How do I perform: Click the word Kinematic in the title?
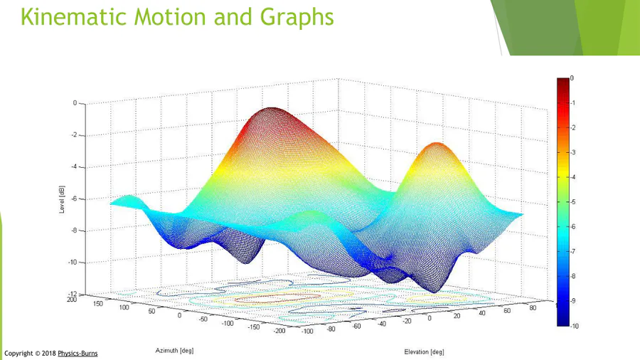pos(73,17)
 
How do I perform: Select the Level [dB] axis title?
pos(62,199)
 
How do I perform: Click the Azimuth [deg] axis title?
pos(174,351)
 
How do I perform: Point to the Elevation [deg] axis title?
pos(424,352)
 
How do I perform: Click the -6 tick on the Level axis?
pos(74,198)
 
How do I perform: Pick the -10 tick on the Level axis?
pos(73,262)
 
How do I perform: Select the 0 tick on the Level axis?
pos(75,103)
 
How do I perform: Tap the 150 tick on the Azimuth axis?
pos(97,304)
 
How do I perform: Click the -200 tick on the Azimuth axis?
pos(279,331)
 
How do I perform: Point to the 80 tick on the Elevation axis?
pos(533,308)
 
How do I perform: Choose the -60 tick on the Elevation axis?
pos(356,326)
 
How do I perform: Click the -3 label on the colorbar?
pos(572,153)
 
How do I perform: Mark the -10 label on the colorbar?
pos(575,326)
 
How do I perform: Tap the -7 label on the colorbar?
pos(572,251)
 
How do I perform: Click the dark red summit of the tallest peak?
pos(271,111)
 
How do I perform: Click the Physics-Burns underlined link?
pos(78,354)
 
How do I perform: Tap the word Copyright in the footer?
pos(18,354)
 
